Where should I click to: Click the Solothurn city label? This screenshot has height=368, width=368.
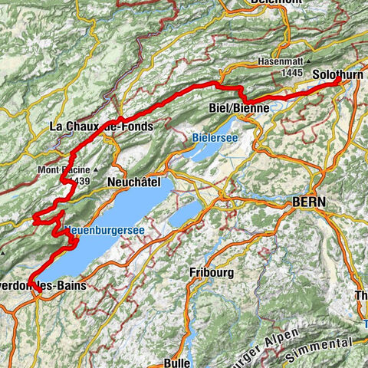(337, 74)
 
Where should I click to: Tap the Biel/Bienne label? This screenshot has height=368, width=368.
(239, 108)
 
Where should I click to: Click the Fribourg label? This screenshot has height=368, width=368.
(210, 272)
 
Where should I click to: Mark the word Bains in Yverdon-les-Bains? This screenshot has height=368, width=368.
(74, 285)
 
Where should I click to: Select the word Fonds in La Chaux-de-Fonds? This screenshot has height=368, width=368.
(136, 126)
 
